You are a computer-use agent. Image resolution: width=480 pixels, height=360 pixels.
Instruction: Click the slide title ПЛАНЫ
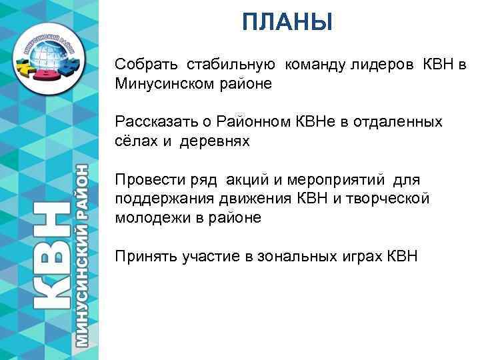tap(287, 24)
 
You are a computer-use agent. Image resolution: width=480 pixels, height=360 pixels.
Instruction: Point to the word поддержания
tap(157, 199)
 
